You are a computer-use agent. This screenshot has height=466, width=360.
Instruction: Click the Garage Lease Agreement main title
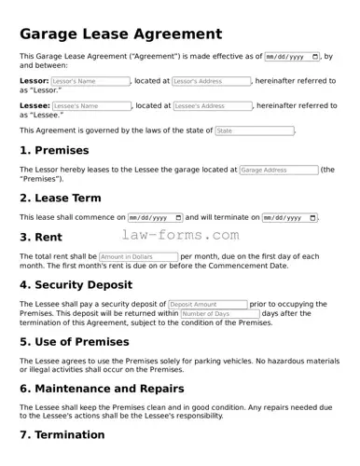point(121,34)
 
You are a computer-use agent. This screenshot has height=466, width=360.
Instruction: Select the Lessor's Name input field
point(90,81)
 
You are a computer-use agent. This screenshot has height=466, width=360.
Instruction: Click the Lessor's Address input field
point(212,81)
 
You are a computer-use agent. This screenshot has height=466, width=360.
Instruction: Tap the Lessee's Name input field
point(91,106)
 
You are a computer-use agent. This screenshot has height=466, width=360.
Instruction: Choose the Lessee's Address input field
point(213,106)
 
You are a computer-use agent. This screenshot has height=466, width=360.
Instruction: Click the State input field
point(254,130)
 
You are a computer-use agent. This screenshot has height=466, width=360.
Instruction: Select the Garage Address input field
point(278,171)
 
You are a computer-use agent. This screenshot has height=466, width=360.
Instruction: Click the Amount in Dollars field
point(138,256)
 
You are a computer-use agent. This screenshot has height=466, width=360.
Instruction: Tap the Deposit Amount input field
point(207,304)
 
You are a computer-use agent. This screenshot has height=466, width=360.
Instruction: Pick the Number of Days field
point(219,314)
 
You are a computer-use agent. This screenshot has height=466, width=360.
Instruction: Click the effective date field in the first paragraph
point(292,57)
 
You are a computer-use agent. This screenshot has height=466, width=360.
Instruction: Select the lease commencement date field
point(155,217)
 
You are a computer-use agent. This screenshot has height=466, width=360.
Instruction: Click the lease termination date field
point(289,217)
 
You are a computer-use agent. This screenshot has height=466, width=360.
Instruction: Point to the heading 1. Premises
point(54,150)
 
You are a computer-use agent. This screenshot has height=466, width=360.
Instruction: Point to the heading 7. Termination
point(62,435)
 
